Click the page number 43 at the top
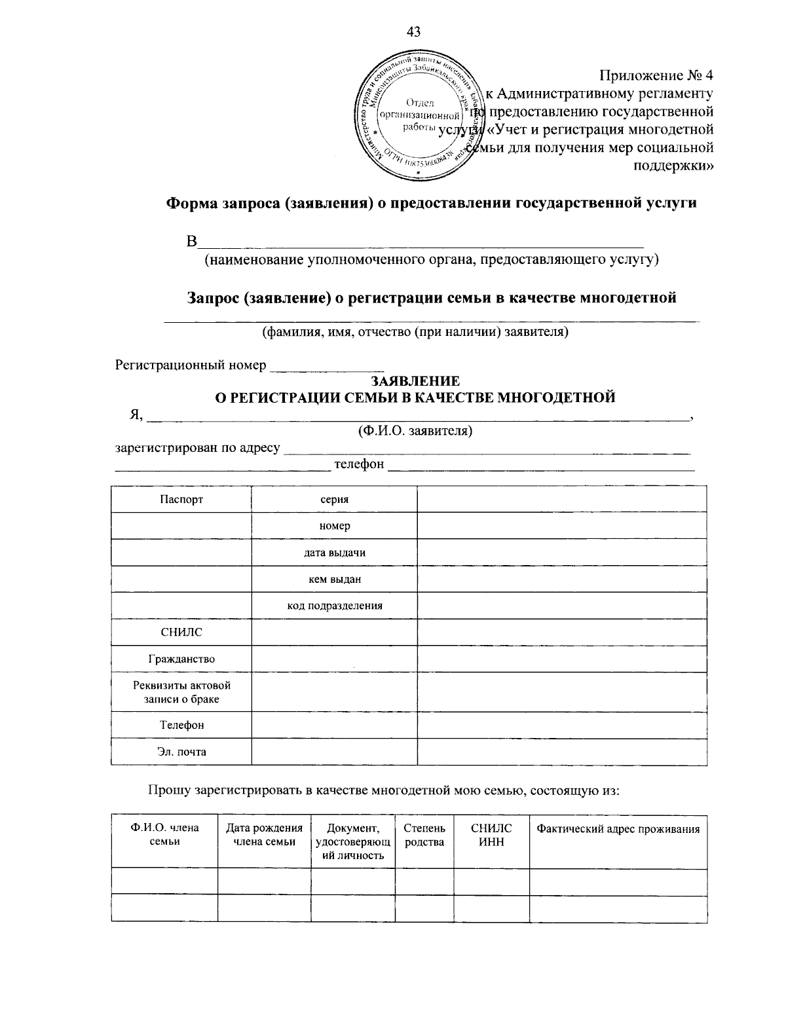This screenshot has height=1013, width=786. (x=413, y=31)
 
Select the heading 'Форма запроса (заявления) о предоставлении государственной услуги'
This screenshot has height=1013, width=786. (x=430, y=203)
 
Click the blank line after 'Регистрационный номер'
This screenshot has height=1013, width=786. (x=327, y=365)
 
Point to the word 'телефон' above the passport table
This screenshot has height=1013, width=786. (x=359, y=464)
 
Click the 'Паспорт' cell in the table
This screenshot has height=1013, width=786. (x=181, y=500)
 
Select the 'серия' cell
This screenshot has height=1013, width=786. (x=334, y=500)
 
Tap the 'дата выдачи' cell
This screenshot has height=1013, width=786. (x=334, y=553)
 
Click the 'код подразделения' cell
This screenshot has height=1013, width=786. (x=334, y=606)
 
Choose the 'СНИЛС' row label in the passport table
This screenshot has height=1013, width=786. (x=181, y=633)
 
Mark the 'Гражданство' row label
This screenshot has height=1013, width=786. (x=181, y=659)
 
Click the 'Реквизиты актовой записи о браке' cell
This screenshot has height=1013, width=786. (x=181, y=692)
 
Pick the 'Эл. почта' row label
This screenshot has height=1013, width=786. (x=181, y=752)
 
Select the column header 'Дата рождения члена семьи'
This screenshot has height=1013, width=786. (x=264, y=836)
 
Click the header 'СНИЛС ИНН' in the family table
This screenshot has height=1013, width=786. (x=491, y=836)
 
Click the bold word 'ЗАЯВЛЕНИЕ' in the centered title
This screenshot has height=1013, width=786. (x=415, y=381)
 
